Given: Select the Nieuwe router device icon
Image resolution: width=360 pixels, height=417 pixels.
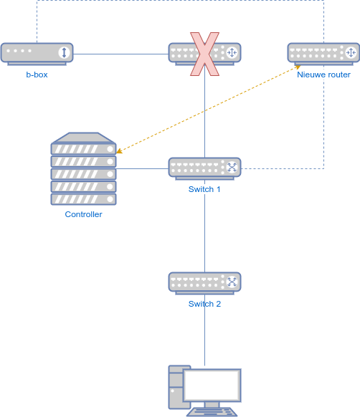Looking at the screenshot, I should coord(323,53).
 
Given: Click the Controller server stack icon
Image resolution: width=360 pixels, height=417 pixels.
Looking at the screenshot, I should coord(83,168).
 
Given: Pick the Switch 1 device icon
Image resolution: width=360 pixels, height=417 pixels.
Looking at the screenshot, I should coord(204,168).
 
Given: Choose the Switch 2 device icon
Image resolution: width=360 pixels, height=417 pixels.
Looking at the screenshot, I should coord(204,282).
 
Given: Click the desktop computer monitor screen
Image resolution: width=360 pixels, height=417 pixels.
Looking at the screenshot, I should coord(211,385).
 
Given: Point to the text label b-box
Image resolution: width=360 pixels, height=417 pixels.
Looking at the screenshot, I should coord(37,75).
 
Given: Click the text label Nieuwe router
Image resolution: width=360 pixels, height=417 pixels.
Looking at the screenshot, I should coord(323,75).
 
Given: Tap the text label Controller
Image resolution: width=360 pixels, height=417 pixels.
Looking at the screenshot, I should coord(83,214).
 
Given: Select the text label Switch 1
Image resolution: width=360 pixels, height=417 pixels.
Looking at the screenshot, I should coord(204,189).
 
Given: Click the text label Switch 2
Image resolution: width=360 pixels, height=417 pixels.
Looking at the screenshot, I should coord(204,304).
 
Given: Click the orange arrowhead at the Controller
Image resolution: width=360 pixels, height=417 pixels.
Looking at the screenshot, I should coord(120,151).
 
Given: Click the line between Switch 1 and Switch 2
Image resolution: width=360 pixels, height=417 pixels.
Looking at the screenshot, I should coord(204,229).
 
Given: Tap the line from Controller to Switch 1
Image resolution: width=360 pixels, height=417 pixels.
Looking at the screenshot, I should coord(142,168).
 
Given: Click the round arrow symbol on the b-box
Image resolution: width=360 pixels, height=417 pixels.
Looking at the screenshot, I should coord(64,52).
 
